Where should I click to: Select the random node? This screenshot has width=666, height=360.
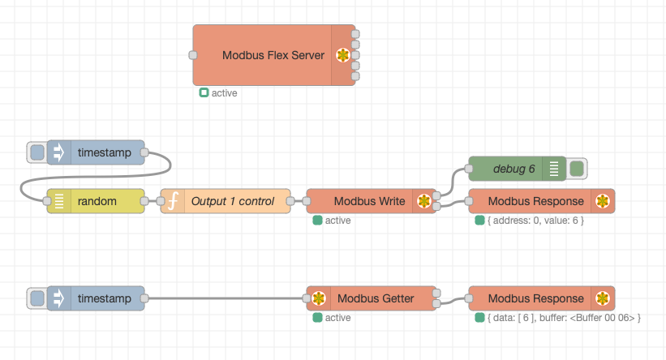(97, 201)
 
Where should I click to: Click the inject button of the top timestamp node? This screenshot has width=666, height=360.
(37, 152)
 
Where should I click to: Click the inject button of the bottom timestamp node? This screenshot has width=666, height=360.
(37, 298)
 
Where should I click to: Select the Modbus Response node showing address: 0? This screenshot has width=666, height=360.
(535, 201)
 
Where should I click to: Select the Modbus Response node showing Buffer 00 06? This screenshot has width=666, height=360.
(535, 298)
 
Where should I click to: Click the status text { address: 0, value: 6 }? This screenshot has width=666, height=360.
(535, 221)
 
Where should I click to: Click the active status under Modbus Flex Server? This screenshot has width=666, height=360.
(224, 93)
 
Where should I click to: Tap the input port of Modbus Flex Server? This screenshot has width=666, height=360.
(193, 55)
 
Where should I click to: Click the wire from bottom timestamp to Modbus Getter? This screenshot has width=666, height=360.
(227, 298)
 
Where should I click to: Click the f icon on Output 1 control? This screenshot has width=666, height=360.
(173, 201)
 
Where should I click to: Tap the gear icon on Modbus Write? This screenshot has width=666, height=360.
(423, 201)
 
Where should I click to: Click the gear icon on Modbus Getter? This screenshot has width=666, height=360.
(319, 298)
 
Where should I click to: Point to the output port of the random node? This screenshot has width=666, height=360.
(144, 201)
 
